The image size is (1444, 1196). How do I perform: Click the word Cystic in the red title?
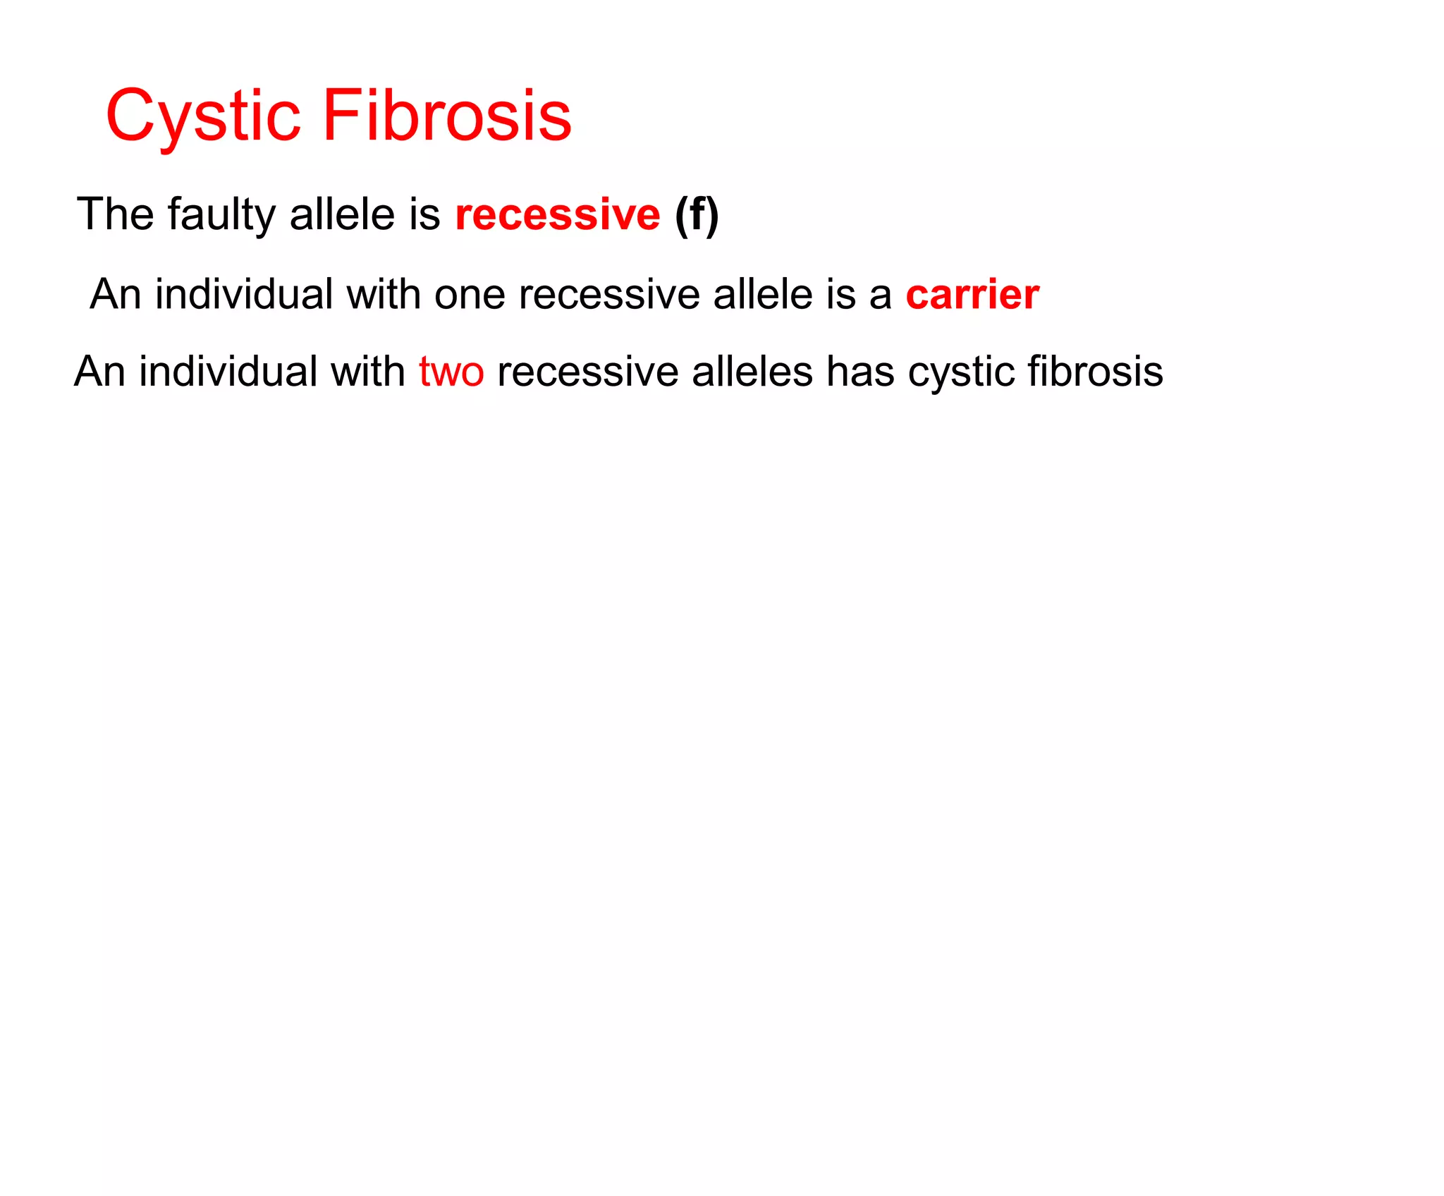[x=203, y=116]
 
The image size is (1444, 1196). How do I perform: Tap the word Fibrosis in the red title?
[x=447, y=116]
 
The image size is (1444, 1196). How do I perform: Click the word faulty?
[x=221, y=215]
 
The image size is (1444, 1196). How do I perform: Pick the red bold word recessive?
[x=557, y=215]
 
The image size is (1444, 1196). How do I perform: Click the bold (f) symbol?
[x=697, y=214]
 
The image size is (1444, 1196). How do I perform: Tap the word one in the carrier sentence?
[x=469, y=295]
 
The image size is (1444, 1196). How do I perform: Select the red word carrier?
[x=972, y=295]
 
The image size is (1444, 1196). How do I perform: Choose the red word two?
[x=451, y=372]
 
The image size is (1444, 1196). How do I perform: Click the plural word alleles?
[x=752, y=372]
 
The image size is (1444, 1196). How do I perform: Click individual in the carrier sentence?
[x=244, y=294]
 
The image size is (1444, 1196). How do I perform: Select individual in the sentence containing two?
[x=228, y=372]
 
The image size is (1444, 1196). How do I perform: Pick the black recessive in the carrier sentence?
[x=608, y=295]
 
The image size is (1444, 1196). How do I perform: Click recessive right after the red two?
[x=587, y=372]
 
